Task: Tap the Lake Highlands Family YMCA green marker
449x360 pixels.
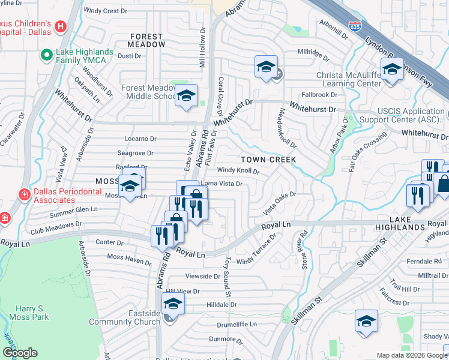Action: (46, 56)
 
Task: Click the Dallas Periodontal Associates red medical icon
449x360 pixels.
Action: (24, 194)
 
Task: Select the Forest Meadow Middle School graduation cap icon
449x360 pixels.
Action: (187, 97)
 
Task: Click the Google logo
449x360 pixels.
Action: (20, 353)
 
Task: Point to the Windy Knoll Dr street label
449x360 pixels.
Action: (238, 171)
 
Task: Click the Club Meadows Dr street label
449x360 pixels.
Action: (56, 227)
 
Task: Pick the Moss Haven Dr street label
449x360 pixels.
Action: (129, 260)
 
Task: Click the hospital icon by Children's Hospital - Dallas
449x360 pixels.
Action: (60, 26)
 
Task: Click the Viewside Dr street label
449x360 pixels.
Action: (204, 277)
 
